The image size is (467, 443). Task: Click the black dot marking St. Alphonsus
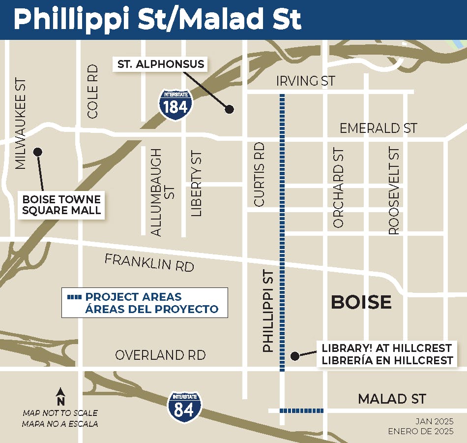tap(229, 109)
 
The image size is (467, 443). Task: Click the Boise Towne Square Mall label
tap(62, 205)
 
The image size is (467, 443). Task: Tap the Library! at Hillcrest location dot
tap(294, 355)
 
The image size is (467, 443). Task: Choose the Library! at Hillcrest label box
tap(387, 354)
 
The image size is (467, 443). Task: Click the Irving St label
tap(305, 81)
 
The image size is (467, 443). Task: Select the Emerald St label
tap(379, 128)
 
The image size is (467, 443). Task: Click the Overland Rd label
tap(160, 355)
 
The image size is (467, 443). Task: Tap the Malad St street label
tap(392, 399)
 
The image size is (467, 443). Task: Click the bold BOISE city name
tap(361, 302)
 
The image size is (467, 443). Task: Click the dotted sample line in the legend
tap(75, 297)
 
